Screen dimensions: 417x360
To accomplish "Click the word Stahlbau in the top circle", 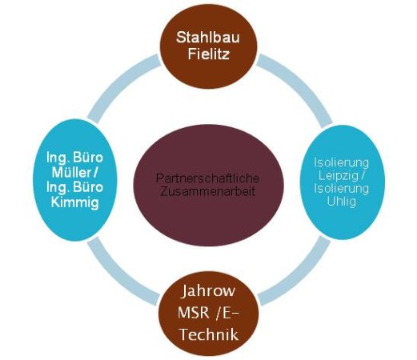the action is pos(208,38).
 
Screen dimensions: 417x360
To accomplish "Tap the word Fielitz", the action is pos(209,54).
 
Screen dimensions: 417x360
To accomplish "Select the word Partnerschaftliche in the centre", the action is pos(207,178).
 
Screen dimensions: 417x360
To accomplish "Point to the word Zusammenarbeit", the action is pos(208,192).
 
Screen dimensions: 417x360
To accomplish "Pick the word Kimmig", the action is pos(75,202).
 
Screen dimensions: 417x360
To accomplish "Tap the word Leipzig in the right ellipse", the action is pos(338,175).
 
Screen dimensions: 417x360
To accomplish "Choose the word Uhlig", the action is pos(342,202).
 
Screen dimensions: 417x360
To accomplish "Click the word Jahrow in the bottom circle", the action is pos(208,291).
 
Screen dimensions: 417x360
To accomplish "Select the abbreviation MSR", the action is pos(193,312).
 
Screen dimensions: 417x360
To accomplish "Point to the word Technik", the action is pos(209,334).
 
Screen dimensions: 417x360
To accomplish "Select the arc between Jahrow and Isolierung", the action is pos(299,275).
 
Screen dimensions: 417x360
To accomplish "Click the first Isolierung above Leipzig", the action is pos(342,162).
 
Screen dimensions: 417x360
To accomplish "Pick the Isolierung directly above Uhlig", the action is pos(342,189).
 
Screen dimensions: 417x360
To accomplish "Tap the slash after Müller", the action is pos(94,173).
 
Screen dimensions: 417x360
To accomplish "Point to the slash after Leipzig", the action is pos(362,176).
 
